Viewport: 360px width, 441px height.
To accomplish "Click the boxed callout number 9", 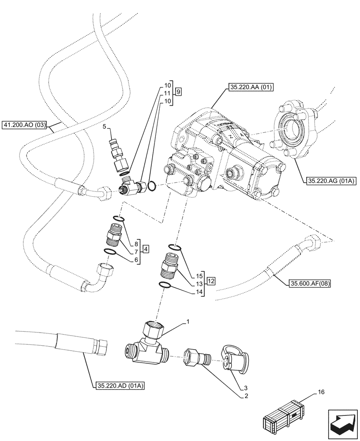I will (178, 92).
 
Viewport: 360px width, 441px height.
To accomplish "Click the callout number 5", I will (104, 127).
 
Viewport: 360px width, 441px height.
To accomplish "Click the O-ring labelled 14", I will (166, 285).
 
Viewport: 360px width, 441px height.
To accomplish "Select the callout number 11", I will (167, 93).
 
